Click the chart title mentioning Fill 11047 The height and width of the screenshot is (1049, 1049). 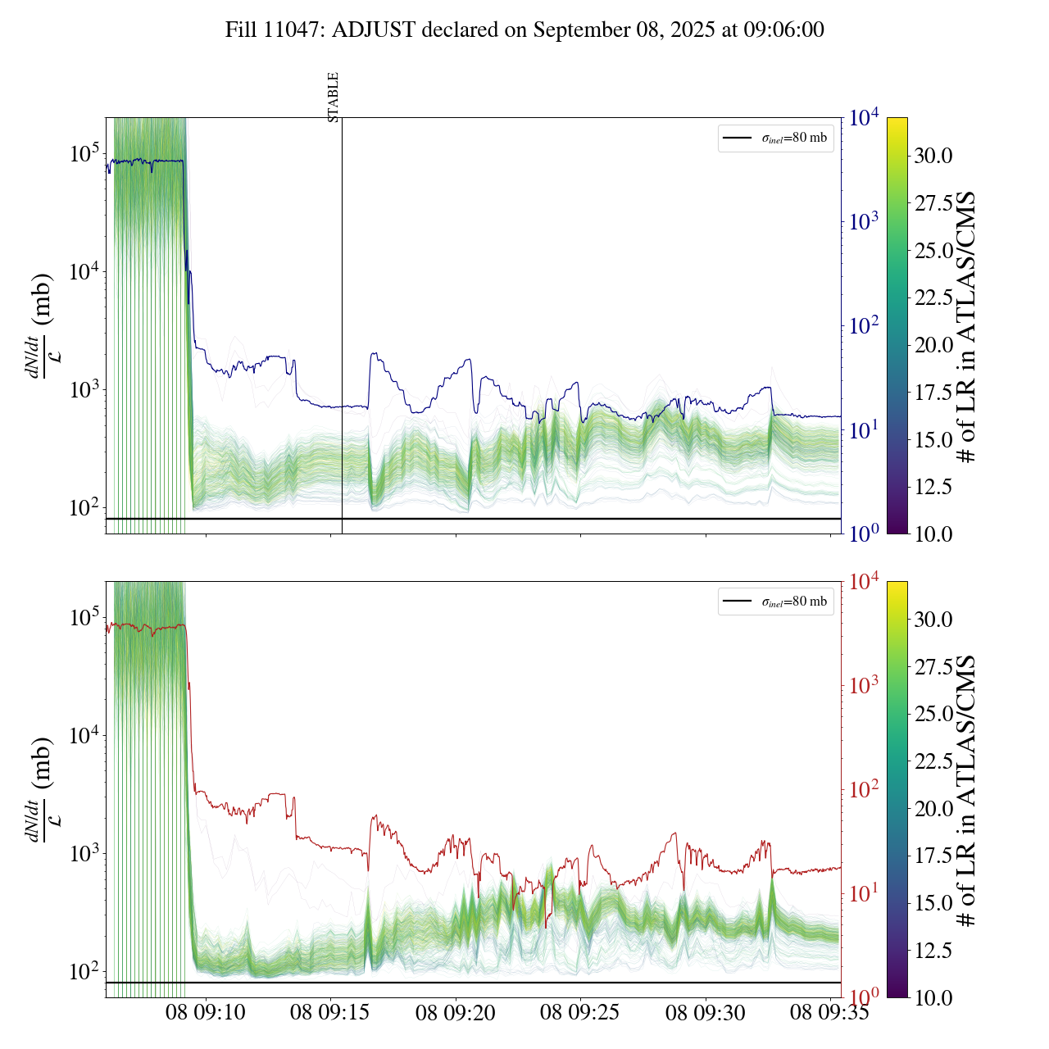point(524,30)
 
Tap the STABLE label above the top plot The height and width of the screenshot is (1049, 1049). point(334,98)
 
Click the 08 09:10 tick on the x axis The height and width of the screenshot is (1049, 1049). point(206,1013)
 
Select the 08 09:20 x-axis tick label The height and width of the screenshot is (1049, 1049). point(456,1013)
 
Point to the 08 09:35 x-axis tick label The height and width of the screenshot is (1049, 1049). point(829,1013)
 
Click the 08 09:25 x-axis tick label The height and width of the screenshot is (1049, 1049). point(580,1013)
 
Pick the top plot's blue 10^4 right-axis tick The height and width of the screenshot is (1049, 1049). point(864,119)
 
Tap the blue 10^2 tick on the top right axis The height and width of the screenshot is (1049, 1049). point(864,326)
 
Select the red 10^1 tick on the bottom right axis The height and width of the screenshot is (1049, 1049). point(864,893)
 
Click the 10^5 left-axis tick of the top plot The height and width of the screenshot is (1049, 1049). point(84,154)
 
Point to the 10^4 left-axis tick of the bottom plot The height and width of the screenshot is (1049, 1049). point(84,736)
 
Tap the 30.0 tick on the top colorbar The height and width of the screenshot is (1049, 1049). point(933,156)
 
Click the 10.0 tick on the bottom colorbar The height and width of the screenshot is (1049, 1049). point(933,997)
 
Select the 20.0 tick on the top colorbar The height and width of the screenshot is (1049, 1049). point(933,345)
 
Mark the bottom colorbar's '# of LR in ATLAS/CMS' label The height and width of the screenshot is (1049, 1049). point(967,790)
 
